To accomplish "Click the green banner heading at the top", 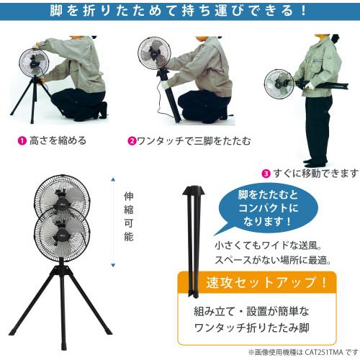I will pyautogui.click(x=180, y=12).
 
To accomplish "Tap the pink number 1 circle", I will pyautogui.click(x=22, y=140).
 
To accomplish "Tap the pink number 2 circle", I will pyautogui.click(x=132, y=141).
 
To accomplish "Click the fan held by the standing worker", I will pyautogui.click(x=278, y=84).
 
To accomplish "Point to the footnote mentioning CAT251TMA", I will pyautogui.click(x=302, y=352).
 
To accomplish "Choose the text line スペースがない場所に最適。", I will pyautogui.click(x=272, y=260).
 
